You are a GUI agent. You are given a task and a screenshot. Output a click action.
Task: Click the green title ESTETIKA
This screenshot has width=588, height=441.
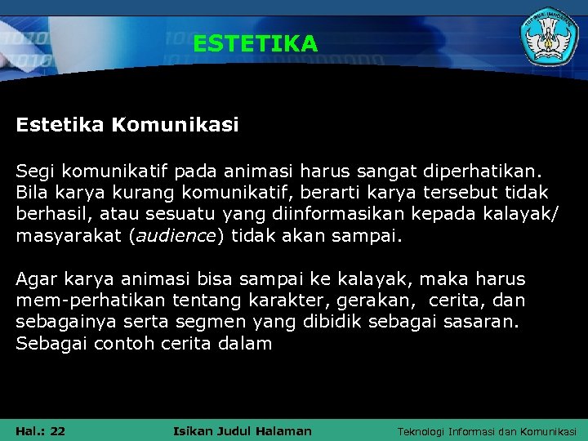coord(255,43)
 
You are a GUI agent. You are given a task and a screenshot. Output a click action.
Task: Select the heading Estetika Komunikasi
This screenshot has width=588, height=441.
coord(127,125)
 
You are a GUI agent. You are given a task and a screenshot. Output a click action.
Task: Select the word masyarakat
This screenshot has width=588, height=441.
coord(68,236)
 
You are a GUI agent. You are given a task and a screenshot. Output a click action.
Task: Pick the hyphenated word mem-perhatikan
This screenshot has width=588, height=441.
coord(84,301)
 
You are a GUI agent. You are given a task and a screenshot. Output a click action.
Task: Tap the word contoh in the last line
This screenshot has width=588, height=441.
coord(123,343)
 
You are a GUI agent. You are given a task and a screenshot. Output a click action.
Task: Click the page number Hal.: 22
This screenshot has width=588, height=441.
coord(41,430)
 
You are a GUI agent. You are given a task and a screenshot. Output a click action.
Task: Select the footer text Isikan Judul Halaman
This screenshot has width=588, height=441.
coord(243,430)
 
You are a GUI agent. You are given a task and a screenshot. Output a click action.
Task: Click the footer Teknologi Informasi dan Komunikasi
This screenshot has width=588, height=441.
coord(486,431)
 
